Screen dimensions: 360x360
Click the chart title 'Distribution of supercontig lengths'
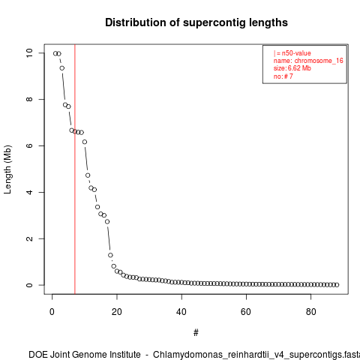pyautogui.click(x=196, y=22)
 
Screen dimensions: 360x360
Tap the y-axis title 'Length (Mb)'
pyautogui.click(x=7, y=169)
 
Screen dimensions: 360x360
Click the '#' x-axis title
pyautogui.click(x=196, y=333)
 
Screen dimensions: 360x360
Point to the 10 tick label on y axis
pyautogui.click(x=29, y=53)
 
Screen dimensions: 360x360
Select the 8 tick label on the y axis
pyautogui.click(x=29, y=99)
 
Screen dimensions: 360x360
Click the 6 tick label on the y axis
pyautogui.click(x=29, y=145)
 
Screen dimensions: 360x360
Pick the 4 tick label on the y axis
pyautogui.click(x=29, y=192)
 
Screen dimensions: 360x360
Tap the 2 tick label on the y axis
pyautogui.click(x=29, y=238)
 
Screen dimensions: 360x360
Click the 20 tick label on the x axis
pyautogui.click(x=117, y=312)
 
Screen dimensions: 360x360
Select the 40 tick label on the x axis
pyautogui.click(x=181, y=312)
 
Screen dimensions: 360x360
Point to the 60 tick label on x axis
pyautogui.click(x=246, y=312)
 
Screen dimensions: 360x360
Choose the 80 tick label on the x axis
pyautogui.click(x=310, y=312)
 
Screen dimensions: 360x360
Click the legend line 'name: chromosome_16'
pyautogui.click(x=308, y=61)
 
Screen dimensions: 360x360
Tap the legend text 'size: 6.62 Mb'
pyautogui.click(x=292, y=68)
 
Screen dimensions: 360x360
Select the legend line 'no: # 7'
pyautogui.click(x=283, y=76)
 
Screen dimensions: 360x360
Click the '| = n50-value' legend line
pyautogui.click(x=292, y=53)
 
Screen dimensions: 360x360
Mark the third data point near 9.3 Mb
pyautogui.click(x=62, y=68)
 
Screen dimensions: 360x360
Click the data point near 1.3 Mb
pyautogui.click(x=110, y=255)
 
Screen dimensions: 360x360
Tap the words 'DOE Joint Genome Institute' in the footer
pyautogui.click(x=85, y=355)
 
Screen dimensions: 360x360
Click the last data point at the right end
pyautogui.click(x=337, y=285)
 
